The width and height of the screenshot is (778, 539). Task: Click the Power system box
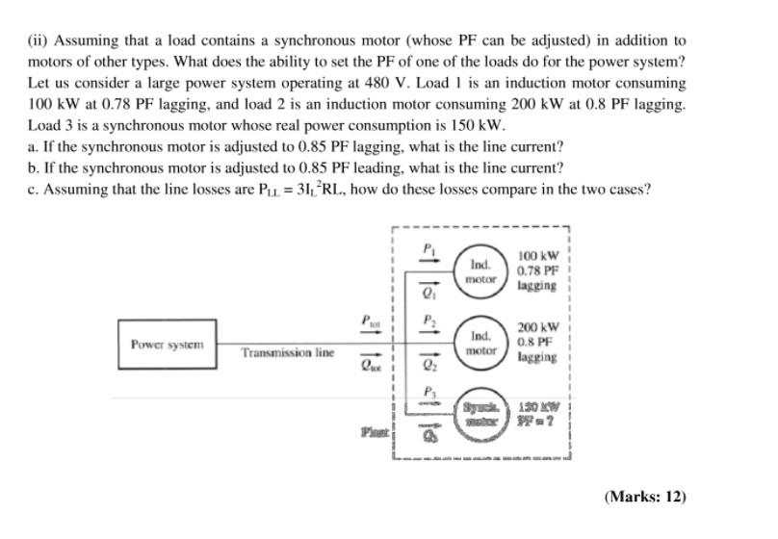(168, 344)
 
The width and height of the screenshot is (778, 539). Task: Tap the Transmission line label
(287, 353)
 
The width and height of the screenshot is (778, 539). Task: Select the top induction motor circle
(481, 269)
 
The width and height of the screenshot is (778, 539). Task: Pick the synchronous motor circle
(481, 415)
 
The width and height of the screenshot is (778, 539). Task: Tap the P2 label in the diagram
(430, 320)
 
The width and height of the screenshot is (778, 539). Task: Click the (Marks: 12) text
(645, 497)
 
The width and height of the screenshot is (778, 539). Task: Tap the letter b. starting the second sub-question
(34, 167)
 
